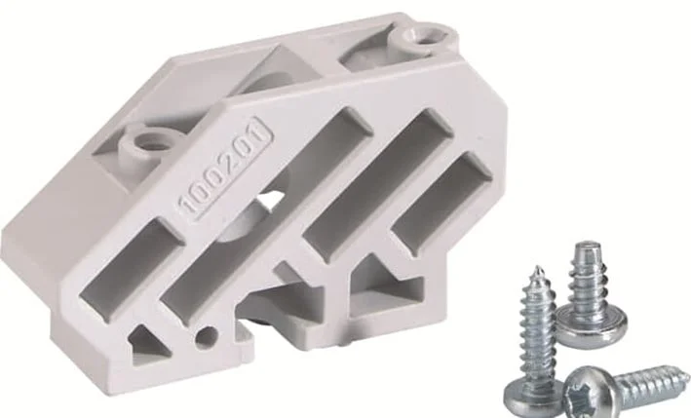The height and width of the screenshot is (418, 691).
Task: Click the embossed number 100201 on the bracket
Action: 225,169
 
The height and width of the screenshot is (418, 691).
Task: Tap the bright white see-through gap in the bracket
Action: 270,202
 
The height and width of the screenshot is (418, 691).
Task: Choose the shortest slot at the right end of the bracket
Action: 441,196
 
